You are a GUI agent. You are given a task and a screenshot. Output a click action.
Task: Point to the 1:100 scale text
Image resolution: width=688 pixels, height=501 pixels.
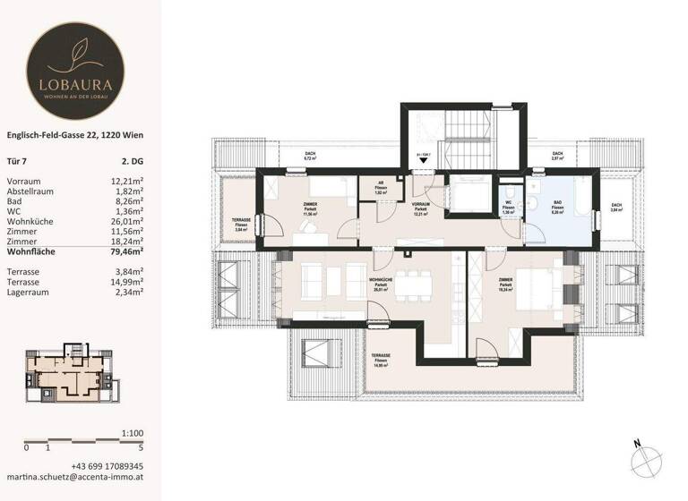[132, 433]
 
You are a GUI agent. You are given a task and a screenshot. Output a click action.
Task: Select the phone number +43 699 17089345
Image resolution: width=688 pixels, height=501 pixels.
[107, 466]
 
